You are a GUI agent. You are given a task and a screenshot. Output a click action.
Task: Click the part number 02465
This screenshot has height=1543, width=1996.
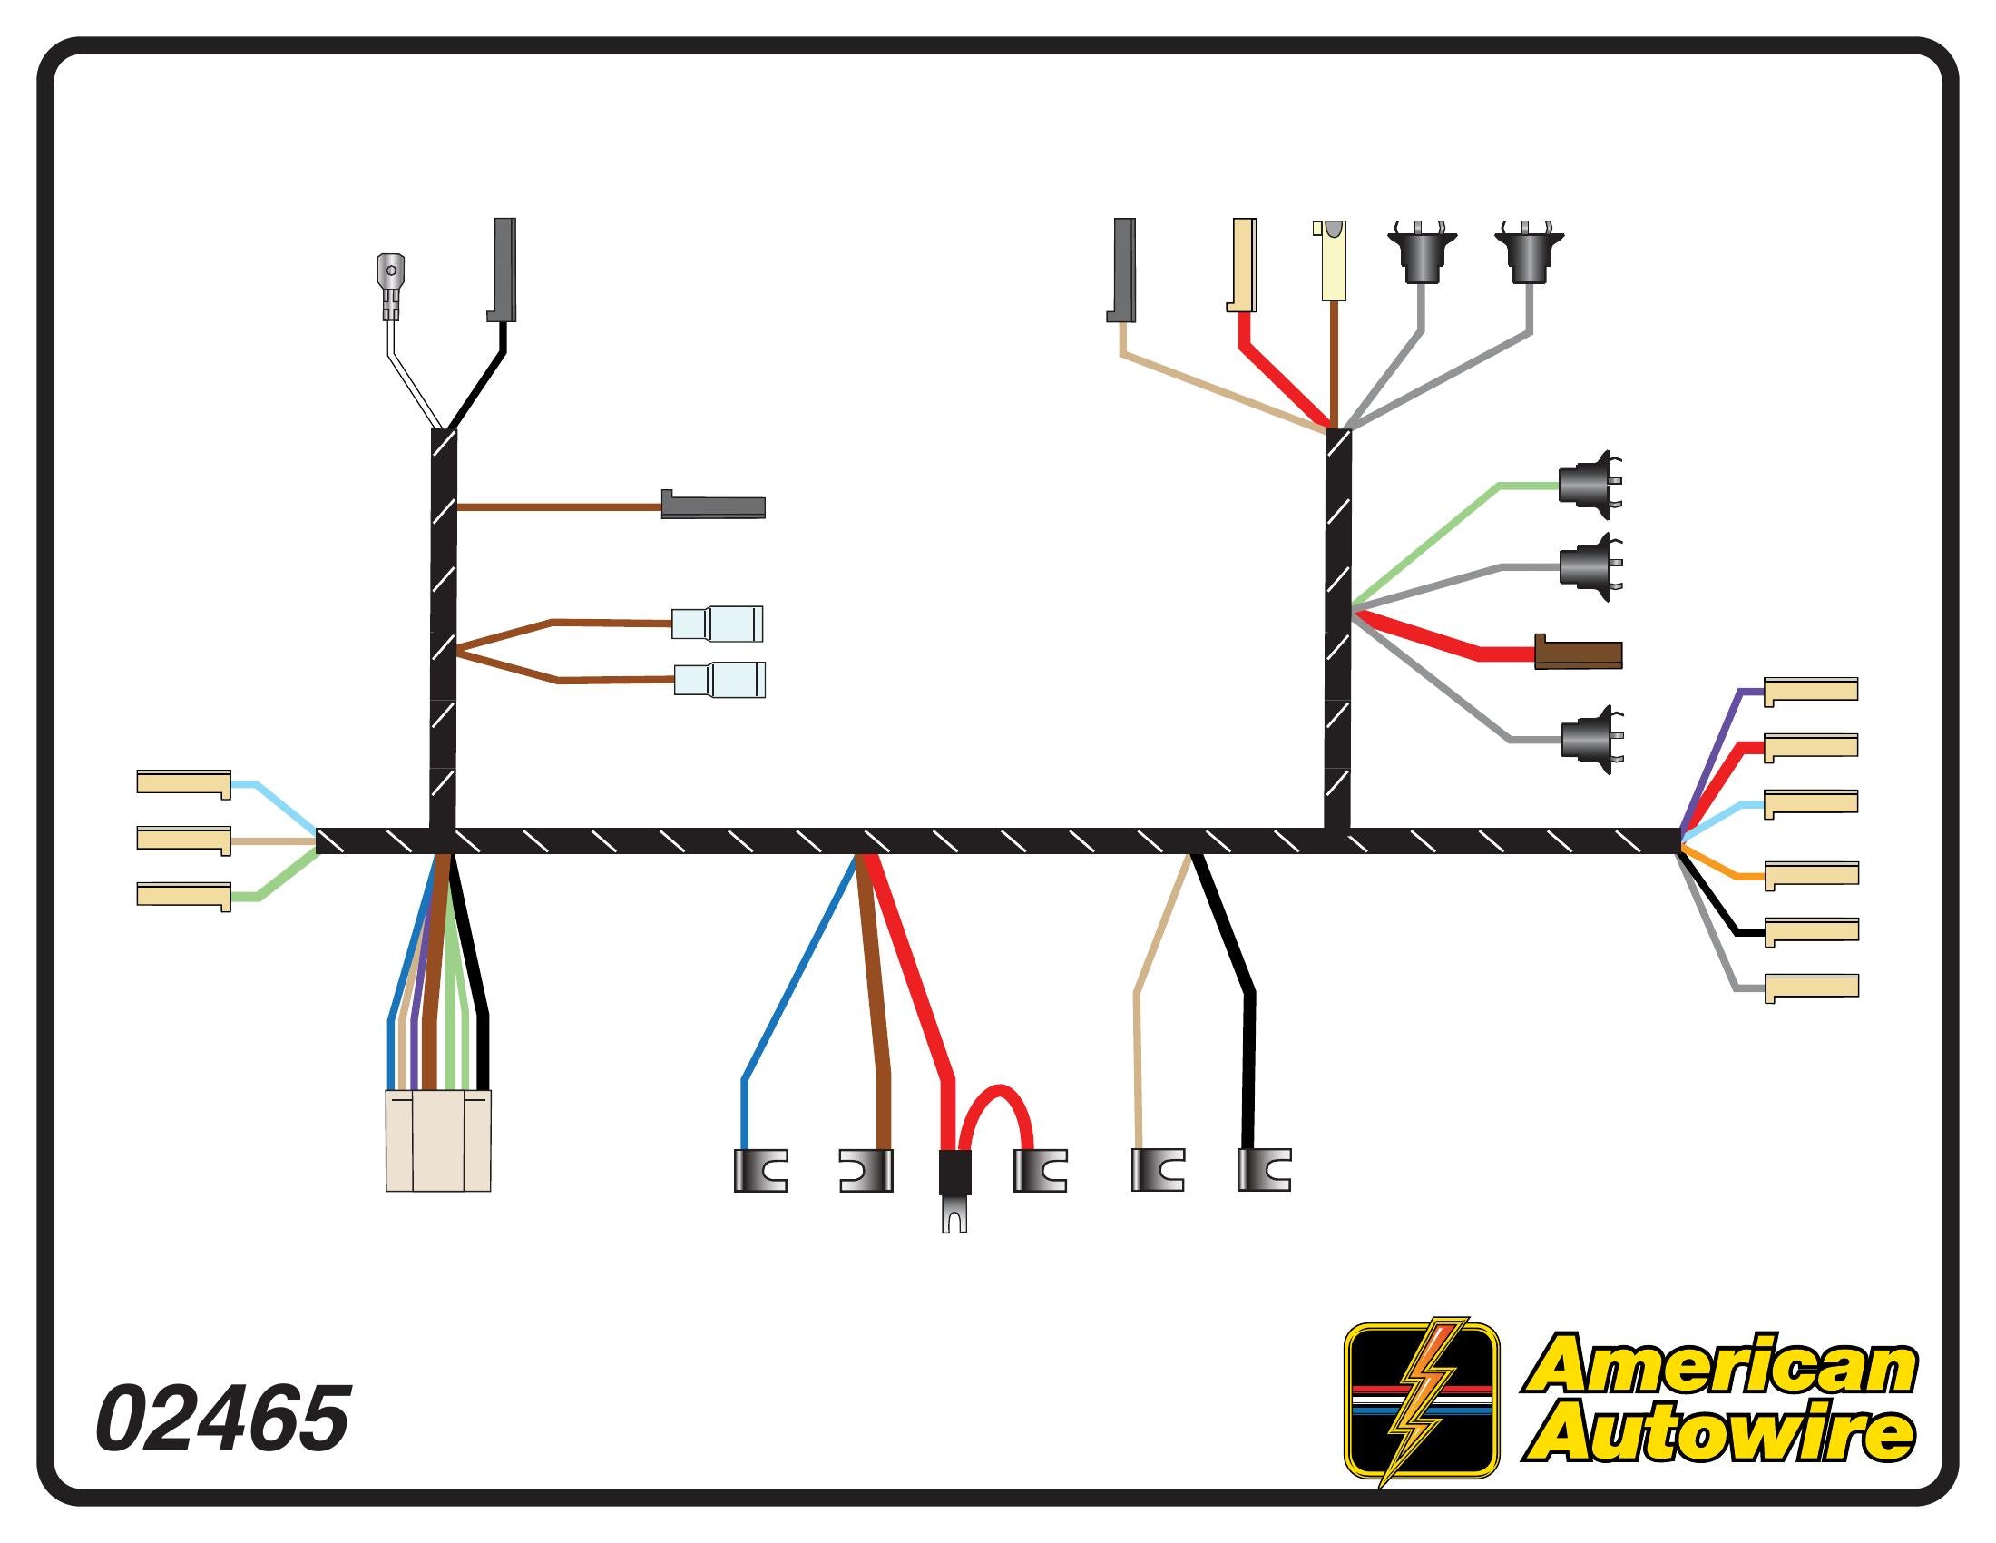pos(222,1419)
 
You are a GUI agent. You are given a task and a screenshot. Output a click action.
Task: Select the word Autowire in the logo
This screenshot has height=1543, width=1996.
pos(1720,1434)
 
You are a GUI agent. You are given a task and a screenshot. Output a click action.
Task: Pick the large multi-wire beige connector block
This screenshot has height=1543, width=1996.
pos(438,1140)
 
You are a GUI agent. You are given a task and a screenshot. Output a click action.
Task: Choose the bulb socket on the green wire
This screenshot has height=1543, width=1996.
pos(1589,486)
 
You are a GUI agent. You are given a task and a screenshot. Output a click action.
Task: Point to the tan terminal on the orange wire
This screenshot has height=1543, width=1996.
pos(1812,874)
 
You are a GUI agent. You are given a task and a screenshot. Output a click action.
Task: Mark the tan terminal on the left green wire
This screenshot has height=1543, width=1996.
pos(183,896)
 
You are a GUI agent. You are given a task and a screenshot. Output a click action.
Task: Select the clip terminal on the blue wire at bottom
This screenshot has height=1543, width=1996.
pos(760,1170)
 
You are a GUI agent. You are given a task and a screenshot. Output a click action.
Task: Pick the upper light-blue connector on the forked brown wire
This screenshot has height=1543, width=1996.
pos(718,624)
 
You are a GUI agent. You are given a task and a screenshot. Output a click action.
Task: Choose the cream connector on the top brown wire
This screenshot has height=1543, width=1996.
pos(1335,260)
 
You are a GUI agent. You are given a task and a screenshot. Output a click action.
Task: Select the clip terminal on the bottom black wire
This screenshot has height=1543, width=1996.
pos(1264,1170)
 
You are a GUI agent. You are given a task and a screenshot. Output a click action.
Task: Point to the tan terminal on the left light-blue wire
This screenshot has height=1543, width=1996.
pos(183,783)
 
